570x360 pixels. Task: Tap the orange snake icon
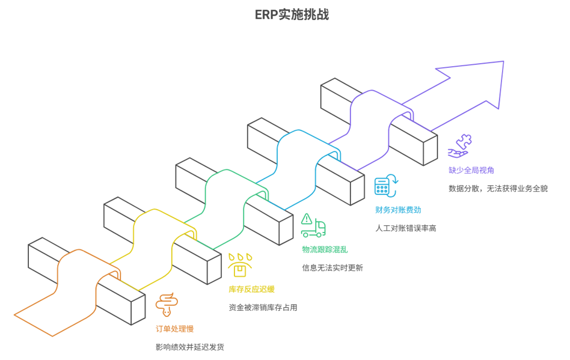pos(167,305)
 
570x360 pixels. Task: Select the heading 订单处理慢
pos(174,329)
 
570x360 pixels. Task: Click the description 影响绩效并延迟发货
pos(189,347)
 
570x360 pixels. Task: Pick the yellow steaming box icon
pos(240,265)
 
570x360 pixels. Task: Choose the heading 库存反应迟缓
pos(251,289)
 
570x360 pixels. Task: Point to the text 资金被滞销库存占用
pos(263,307)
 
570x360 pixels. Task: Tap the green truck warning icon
pos(313,225)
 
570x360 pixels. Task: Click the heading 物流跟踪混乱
pos(325,249)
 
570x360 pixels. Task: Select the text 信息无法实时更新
pos(332,267)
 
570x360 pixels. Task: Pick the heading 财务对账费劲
pos(398,210)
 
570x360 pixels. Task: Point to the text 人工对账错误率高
pos(406,228)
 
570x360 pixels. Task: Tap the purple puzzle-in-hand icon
pos(461,146)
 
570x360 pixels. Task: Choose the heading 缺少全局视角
pos(471,170)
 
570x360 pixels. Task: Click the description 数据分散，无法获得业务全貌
pos(498,188)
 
